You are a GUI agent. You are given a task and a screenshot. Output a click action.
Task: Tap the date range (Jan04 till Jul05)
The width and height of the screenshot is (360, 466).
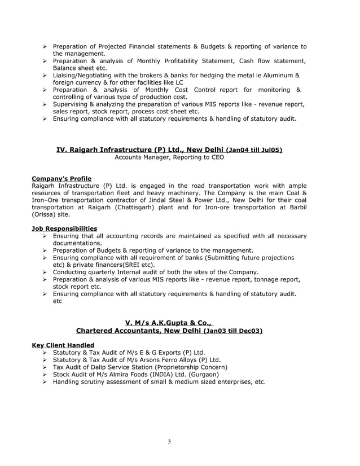tap(254, 150)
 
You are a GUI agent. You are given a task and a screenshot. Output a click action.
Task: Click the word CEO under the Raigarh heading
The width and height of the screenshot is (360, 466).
tap(217, 157)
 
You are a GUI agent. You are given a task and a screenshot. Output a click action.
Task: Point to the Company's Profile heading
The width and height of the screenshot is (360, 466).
tap(62, 179)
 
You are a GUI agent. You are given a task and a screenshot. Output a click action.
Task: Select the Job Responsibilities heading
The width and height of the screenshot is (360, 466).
tap(64, 228)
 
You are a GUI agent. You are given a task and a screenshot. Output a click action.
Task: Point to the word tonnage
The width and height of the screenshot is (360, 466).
tap(264, 279)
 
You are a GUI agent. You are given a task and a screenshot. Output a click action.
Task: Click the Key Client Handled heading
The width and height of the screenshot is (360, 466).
tap(63, 345)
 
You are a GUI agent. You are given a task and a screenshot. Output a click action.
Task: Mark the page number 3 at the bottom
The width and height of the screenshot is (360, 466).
tap(169, 441)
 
